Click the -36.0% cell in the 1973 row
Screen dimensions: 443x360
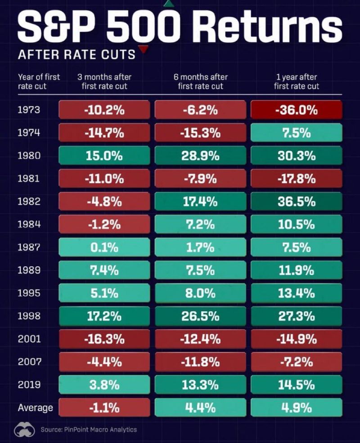point(297,110)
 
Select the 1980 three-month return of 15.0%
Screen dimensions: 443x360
point(104,156)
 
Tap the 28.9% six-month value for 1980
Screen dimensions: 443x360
point(200,156)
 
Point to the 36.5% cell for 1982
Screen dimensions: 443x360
point(297,201)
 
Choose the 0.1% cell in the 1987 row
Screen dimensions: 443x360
point(104,247)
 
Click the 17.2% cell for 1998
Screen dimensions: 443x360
point(104,316)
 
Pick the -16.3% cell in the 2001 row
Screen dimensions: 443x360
point(104,339)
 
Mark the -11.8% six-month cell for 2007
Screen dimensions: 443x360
point(200,362)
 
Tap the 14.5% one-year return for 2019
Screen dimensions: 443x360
point(297,385)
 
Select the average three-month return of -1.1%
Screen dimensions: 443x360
point(104,408)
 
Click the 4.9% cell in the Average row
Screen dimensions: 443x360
point(297,408)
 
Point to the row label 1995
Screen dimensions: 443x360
point(29,293)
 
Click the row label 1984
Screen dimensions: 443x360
point(29,224)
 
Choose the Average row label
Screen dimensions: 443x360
point(35,408)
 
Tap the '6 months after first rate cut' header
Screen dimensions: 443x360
point(200,81)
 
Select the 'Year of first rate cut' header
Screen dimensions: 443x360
point(39,81)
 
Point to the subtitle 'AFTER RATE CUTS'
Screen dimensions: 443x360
point(76,55)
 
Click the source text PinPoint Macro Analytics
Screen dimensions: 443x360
point(89,430)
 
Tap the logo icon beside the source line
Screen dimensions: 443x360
point(25,430)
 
